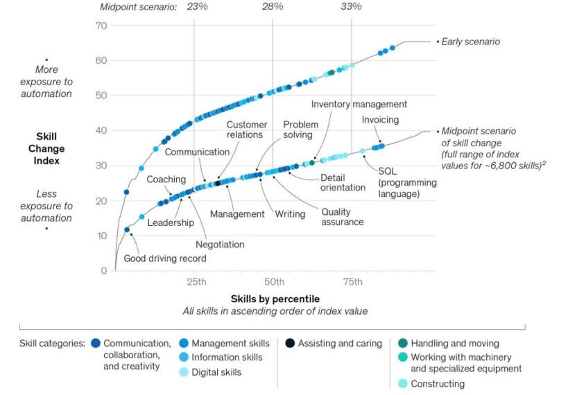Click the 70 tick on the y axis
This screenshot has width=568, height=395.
tap(101, 26)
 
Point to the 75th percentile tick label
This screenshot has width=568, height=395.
tap(352, 281)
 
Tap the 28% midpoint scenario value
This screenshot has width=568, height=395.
tap(272, 7)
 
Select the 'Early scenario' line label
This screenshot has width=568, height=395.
tap(471, 42)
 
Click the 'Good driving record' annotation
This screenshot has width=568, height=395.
tap(164, 258)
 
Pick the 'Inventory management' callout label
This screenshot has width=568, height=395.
tap(359, 104)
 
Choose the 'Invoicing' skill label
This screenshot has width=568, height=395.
tap(380, 120)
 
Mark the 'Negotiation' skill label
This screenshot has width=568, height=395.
tap(220, 244)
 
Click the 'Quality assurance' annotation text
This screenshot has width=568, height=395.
tap(342, 217)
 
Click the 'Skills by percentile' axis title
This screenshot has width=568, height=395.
tap(275, 299)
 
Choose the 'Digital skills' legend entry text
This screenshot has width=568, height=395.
tap(216, 372)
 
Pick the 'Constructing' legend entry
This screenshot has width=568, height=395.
tap(438, 383)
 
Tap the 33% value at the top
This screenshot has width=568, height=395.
tap(351, 7)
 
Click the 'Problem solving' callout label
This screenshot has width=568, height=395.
tap(300, 130)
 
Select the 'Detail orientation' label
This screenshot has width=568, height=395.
tap(343, 182)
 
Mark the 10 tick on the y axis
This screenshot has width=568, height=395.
tap(101, 236)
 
